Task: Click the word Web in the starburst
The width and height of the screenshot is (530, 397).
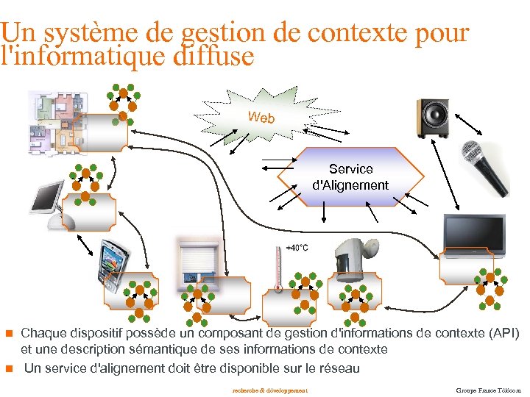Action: (x=261, y=117)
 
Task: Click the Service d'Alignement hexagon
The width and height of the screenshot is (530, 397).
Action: (x=350, y=177)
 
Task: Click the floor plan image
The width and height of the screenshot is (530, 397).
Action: (x=57, y=121)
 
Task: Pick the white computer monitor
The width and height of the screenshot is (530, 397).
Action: (x=49, y=203)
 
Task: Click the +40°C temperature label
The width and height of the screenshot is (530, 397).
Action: (x=297, y=248)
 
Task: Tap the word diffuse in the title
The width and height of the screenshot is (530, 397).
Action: (x=215, y=56)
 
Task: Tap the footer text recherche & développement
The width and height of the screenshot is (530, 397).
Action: (x=269, y=390)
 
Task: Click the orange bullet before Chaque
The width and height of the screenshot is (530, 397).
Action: (x=10, y=333)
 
